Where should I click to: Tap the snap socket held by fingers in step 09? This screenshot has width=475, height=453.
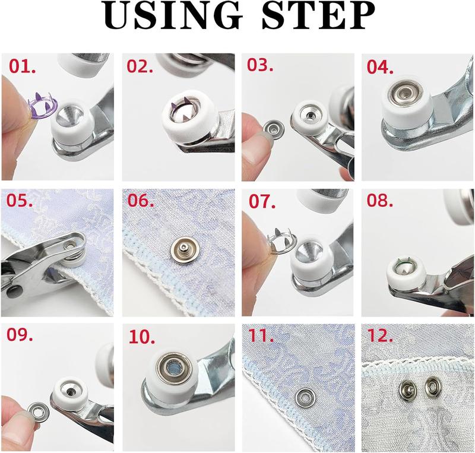click(37, 411)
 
